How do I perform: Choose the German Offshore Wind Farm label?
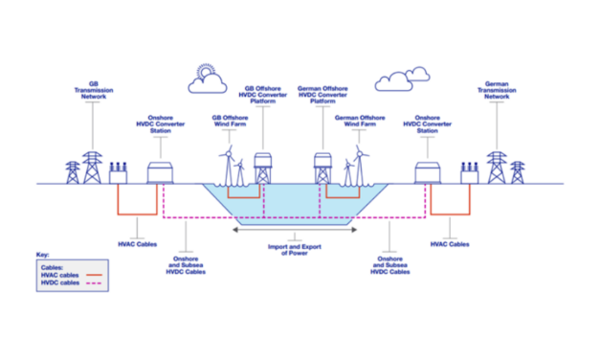[x=359, y=122]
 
